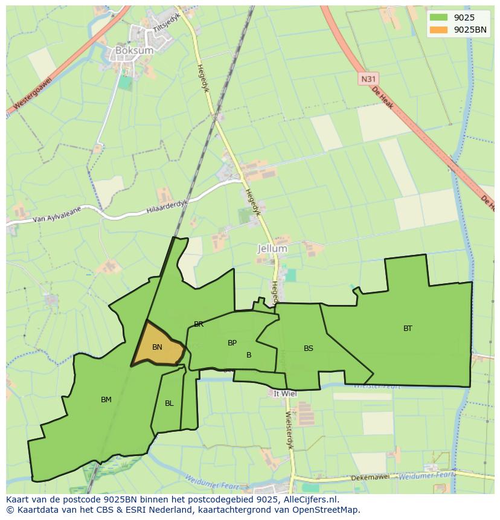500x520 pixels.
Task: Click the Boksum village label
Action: pos(134,51)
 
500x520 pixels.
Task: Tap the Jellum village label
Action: pos(272,248)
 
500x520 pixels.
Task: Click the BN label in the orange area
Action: pos(157,347)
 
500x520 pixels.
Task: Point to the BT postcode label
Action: pos(408,329)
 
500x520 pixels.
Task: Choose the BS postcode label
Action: pos(309,348)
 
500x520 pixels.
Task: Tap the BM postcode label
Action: pos(106,400)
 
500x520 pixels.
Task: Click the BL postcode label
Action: pos(169,403)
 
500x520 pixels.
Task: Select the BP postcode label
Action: pos(232,343)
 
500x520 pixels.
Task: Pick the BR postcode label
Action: pos(199,324)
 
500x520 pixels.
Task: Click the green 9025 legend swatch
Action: pos(438,18)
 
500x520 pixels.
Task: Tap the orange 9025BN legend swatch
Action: pos(438,30)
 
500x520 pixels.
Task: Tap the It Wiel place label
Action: pos(285,393)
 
